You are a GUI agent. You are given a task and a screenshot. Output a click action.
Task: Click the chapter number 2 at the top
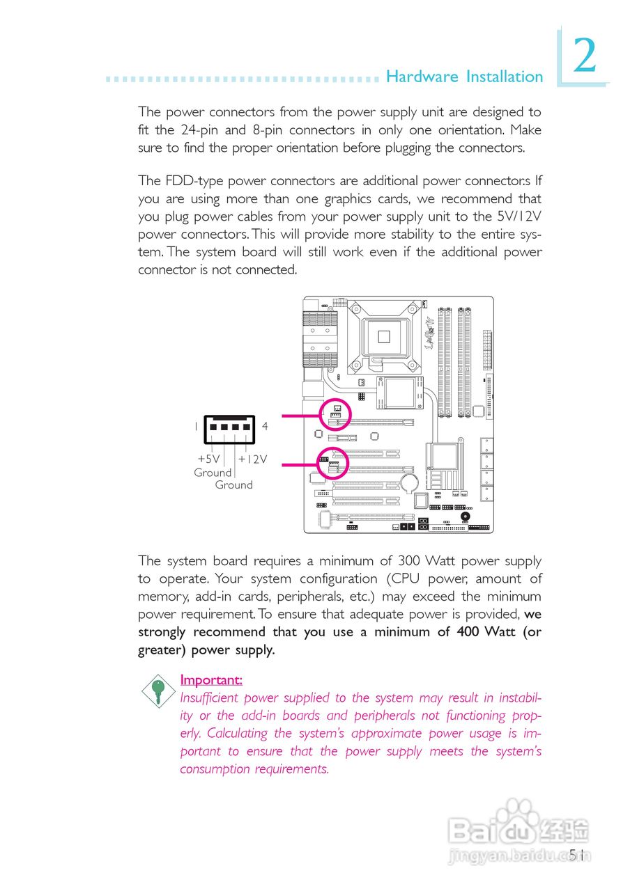585,58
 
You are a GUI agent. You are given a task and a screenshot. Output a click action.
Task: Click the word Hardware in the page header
422,77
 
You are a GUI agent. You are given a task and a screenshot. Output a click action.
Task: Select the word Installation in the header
504,77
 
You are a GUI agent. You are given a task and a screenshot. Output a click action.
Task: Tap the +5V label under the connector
208,459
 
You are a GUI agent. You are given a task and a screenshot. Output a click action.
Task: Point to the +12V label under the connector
252,459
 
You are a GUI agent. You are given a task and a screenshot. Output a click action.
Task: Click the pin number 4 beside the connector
266,426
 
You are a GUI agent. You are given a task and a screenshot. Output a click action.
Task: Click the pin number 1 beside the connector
196,426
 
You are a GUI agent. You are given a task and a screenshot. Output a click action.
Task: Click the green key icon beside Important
159,690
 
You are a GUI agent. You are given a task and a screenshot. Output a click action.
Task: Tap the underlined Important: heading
211,679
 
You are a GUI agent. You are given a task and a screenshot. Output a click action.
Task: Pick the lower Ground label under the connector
233,485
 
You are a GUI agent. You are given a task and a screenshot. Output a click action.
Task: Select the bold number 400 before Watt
468,632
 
